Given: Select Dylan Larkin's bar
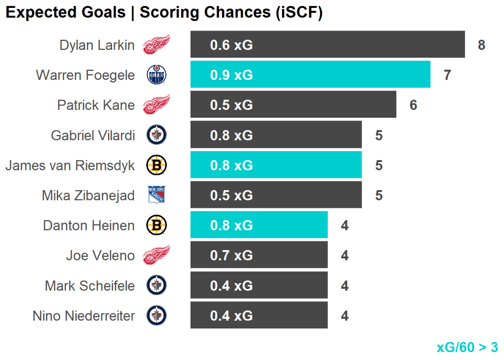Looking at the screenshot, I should click(327, 45).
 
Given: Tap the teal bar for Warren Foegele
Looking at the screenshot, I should click(310, 75).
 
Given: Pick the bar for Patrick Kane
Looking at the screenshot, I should click(293, 105).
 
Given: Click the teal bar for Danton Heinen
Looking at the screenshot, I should click(259, 225).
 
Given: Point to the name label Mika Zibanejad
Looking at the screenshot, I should click(88, 196).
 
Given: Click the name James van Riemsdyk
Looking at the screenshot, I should click(70, 165).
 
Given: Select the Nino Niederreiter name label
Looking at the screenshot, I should click(84, 316).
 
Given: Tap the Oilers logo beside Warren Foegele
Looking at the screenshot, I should click(157, 75).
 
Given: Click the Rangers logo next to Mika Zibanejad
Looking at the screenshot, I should click(157, 196).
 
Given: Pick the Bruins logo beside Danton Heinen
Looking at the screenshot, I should click(157, 226).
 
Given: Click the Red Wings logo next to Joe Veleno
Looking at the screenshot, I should click(157, 255).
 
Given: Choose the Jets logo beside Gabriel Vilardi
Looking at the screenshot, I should click(157, 135).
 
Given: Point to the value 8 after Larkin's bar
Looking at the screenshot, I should click(481, 45).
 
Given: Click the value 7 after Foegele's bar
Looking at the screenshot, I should click(447, 75).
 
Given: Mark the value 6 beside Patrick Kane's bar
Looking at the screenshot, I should click(413, 105).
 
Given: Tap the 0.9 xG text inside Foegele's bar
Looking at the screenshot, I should click(231, 75).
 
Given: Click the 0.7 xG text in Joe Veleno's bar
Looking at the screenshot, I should click(231, 256).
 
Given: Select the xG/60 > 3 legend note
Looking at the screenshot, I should click(467, 347).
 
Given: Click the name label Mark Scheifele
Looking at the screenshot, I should click(90, 286).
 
